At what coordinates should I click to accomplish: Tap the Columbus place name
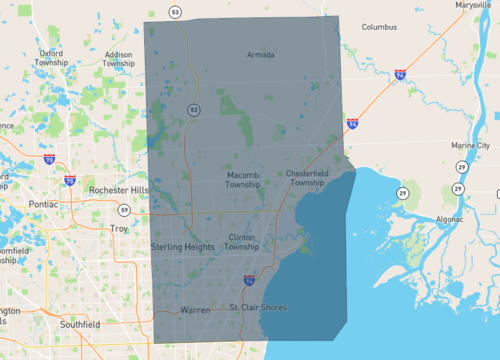click(x=379, y=27)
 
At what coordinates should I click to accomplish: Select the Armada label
click(x=260, y=55)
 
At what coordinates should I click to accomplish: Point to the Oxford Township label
click(x=51, y=57)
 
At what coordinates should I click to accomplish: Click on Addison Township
click(x=118, y=58)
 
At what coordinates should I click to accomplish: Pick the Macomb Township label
click(x=243, y=179)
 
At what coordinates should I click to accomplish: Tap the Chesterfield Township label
click(x=306, y=178)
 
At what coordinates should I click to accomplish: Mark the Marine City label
click(x=470, y=146)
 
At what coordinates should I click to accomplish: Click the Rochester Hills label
click(x=118, y=190)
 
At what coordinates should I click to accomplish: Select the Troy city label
click(x=119, y=229)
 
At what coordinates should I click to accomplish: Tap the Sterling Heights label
click(x=182, y=246)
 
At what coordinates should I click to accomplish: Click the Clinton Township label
click(x=243, y=242)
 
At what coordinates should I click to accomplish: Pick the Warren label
click(x=195, y=310)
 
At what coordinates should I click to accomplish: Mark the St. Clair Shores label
click(x=258, y=307)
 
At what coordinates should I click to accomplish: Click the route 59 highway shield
click(x=122, y=210)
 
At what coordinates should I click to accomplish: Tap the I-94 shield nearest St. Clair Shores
click(x=249, y=281)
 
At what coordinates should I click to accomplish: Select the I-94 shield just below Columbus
click(x=400, y=74)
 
